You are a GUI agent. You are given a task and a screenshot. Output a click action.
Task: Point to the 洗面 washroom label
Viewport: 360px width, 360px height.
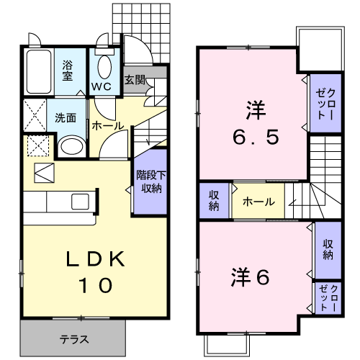pos(66,117)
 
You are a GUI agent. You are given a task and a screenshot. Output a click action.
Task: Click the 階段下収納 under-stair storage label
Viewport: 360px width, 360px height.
pos(150,181)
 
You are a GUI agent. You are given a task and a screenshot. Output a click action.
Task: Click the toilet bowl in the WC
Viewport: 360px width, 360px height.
pos(103,68)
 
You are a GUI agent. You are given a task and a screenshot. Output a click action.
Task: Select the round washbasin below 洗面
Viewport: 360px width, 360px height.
pos(70,148)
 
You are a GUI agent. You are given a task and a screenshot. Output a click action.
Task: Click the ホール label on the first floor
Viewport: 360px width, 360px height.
pos(107,126)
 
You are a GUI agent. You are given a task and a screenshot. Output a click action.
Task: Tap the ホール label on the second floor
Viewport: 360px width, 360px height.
pos(257,202)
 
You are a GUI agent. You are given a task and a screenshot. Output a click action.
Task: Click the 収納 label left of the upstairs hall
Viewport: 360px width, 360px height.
pos(215,201)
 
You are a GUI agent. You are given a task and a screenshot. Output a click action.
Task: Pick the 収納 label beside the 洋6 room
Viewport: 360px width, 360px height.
pos(328,248)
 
